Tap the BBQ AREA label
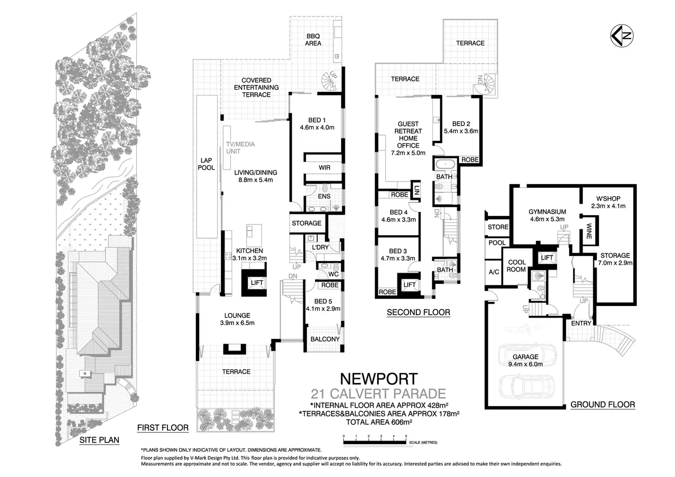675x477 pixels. pyautogui.click(x=313, y=39)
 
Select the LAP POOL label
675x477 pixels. pyautogui.click(x=206, y=164)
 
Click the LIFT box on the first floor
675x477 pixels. pyautogui.click(x=257, y=283)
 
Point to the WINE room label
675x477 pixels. pyautogui.click(x=589, y=231)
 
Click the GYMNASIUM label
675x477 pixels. pyautogui.click(x=547, y=212)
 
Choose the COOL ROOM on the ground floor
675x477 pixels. pyautogui.click(x=516, y=266)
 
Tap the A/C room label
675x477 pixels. pyautogui.click(x=494, y=272)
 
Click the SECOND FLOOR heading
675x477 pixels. pyautogui.click(x=418, y=312)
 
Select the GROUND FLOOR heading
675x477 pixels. pyautogui.click(x=603, y=405)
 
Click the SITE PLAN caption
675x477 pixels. pyautogui.click(x=99, y=440)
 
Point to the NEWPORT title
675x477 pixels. pyautogui.click(x=378, y=379)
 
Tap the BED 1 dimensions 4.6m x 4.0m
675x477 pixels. pyautogui.click(x=317, y=128)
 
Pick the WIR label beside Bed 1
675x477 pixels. pyautogui.click(x=324, y=167)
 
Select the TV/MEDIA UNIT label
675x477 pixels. pyautogui.click(x=240, y=147)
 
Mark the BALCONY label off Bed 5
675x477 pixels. pyautogui.click(x=325, y=339)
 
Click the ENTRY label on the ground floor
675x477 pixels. pyautogui.click(x=581, y=323)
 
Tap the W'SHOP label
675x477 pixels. pyautogui.click(x=608, y=199)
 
